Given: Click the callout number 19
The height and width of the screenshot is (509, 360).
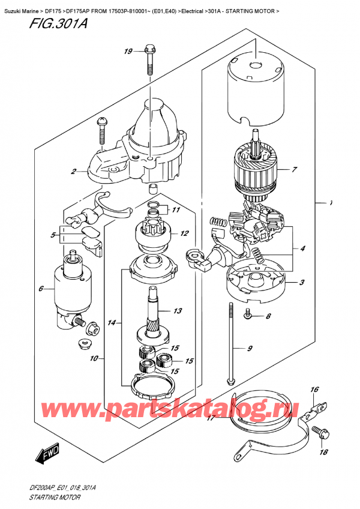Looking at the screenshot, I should pos(128,52).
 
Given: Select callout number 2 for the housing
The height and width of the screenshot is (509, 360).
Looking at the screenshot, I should pos(73,172).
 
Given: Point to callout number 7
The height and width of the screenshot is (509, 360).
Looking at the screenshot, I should pos(293,170).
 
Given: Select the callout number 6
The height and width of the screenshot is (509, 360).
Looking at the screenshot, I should pos(41,289).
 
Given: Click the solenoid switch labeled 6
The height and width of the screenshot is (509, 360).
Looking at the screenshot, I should pos(71,288).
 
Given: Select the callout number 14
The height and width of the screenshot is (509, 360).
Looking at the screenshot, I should pos(112,323).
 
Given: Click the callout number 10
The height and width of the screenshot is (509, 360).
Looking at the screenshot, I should pos(95,360).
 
